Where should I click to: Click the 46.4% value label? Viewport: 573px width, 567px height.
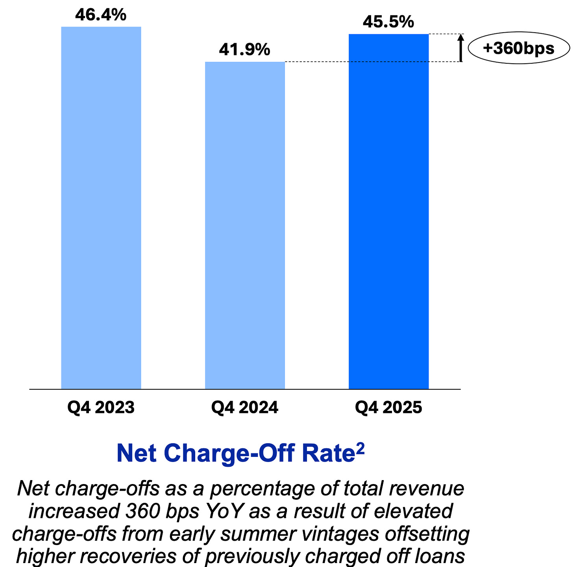pyautogui.click(x=101, y=15)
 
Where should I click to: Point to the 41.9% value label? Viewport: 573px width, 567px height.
pyautogui.click(x=245, y=50)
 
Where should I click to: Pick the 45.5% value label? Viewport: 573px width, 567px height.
pyautogui.click(x=388, y=22)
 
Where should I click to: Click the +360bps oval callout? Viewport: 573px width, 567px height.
pyautogui.click(x=519, y=48)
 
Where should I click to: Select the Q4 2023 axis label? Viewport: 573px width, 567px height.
pyautogui.click(x=101, y=408)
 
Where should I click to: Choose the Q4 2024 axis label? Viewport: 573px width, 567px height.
pyautogui.click(x=245, y=408)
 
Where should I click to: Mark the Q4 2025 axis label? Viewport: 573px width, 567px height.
pyautogui.click(x=388, y=408)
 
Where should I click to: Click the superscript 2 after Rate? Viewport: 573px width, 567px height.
pyautogui.click(x=360, y=449)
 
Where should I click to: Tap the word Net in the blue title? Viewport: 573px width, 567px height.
pyautogui.click(x=137, y=453)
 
